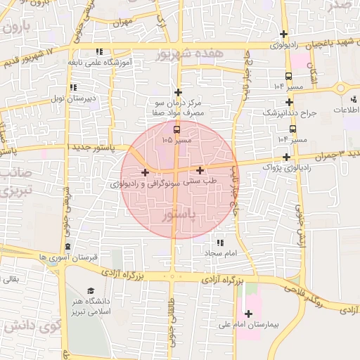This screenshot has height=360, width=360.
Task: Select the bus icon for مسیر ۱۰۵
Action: point(176,129)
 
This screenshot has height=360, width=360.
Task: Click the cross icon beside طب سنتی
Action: point(200,170)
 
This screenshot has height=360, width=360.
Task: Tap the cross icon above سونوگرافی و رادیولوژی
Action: point(145,172)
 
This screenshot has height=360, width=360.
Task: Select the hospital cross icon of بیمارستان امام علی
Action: point(247,314)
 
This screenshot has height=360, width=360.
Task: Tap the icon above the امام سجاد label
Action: point(220,241)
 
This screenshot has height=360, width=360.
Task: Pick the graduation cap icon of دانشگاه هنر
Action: point(91,291)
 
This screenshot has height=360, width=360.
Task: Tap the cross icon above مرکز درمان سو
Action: point(179,92)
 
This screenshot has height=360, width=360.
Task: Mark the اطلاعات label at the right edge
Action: point(345,111)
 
